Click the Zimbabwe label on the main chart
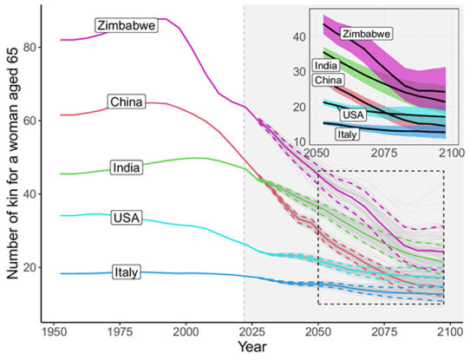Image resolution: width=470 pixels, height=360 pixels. point(127,25)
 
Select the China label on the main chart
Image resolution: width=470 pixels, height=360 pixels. point(126,102)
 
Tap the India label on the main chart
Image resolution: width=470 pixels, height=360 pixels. point(127,167)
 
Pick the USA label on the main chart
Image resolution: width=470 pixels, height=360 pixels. point(127,218)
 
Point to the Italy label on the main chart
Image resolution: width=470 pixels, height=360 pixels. point(127,273)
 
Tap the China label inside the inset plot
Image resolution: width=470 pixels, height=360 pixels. point(329,81)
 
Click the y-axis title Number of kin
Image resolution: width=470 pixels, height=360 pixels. point(15,168)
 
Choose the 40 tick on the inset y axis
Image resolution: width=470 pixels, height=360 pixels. point(300,37)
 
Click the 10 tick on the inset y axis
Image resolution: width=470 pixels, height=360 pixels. point(300,141)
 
